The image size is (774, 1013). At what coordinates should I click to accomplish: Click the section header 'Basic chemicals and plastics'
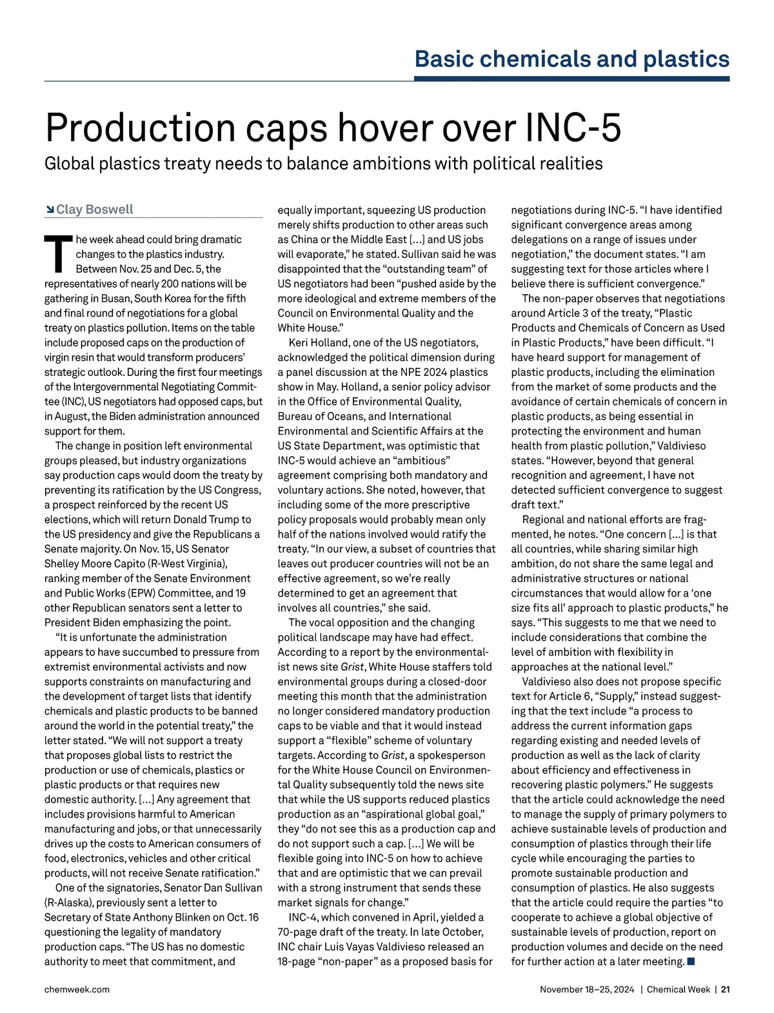click(x=571, y=59)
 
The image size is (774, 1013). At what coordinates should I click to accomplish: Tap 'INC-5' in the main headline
click(x=573, y=128)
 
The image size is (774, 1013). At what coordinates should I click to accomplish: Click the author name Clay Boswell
click(x=94, y=210)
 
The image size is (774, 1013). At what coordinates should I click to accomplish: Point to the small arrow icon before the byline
click(x=50, y=210)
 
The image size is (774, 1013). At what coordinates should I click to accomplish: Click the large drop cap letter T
click(x=57, y=253)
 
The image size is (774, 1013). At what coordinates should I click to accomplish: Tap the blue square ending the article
click(x=691, y=962)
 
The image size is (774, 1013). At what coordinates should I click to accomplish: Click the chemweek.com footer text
click(x=77, y=989)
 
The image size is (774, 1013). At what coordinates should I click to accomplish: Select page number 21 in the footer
click(x=725, y=989)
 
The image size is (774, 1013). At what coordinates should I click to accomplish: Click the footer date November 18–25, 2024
click(x=587, y=989)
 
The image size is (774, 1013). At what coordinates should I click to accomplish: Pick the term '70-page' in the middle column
click(x=299, y=932)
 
